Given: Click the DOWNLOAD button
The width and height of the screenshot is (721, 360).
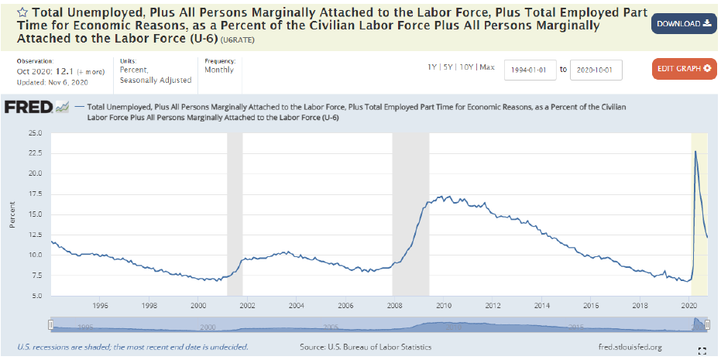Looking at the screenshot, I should coord(683,24).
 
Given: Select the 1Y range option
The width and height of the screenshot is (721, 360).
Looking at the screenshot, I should coord(433,67).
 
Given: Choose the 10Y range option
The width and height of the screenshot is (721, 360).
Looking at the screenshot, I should coord(466,67).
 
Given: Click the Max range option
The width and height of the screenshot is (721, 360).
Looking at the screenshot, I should coord(487,67).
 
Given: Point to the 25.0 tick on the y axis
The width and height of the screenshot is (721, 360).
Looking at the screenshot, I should coord(34,133).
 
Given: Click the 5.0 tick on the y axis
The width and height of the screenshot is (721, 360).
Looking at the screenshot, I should coord(36,296).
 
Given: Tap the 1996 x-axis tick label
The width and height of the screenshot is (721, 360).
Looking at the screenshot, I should coord(99,306).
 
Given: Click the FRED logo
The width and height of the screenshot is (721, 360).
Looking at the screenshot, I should coord(29,107).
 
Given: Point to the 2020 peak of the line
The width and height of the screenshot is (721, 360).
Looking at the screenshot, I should coord(695,151).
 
